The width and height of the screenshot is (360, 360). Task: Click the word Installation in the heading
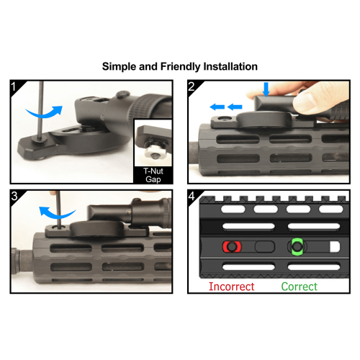pos(230,66)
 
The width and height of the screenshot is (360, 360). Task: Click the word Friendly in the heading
pos(180,67)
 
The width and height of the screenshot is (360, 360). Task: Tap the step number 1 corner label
pos(14,86)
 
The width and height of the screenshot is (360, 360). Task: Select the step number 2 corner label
pos(192,86)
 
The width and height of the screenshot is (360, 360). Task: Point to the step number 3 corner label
pos(14,196)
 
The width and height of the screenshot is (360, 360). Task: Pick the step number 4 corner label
pos(192,196)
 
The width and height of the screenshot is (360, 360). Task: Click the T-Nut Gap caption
pos(153,175)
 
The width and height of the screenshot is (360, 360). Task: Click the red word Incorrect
pos(231,287)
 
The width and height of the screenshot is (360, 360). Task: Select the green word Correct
pos(300,287)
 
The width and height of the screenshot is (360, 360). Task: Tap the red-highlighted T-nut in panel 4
pos(232,247)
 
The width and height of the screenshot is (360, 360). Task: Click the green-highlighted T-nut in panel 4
pos(297,246)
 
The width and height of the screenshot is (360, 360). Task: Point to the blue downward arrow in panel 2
pos(266,89)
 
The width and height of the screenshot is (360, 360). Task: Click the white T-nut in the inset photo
pos(152,152)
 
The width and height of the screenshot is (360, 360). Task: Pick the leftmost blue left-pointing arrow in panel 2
pos(217,107)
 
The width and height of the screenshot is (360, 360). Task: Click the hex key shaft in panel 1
pos(41,111)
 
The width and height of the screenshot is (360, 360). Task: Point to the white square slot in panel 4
pos(335,247)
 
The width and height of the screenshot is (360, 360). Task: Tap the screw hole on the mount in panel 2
pos(225,118)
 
